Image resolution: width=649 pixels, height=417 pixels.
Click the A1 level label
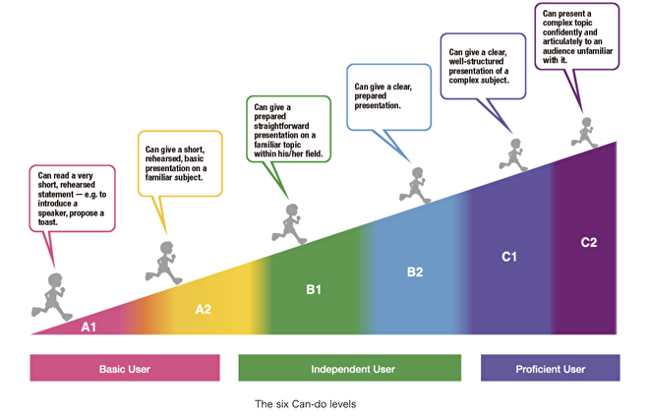[x=88, y=328]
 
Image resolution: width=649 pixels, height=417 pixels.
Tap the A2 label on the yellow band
[x=204, y=310]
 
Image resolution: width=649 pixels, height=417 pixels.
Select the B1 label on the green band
[x=314, y=289]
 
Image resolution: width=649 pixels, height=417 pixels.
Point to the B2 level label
[x=415, y=272]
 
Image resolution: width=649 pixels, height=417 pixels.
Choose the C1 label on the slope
[x=509, y=257]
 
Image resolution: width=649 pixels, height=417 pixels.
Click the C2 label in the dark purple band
[x=589, y=242]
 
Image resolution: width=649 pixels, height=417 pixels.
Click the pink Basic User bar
[x=125, y=368]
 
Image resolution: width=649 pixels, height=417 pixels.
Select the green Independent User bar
[x=350, y=368]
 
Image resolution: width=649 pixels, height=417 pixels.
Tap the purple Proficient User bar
[x=551, y=368]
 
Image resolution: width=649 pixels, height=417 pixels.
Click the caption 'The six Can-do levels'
[x=306, y=404]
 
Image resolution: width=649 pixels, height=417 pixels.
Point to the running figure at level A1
[x=52, y=297]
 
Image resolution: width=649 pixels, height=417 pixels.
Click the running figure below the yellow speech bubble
[x=164, y=264]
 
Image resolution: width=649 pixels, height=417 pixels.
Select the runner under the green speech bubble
[x=290, y=224]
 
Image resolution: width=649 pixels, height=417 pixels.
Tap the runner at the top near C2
[x=584, y=133]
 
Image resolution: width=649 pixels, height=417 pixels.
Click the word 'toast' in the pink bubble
[x=47, y=222]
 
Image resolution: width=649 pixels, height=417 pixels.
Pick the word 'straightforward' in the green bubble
[x=281, y=126]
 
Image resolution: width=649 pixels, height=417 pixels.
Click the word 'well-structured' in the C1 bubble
[x=476, y=61]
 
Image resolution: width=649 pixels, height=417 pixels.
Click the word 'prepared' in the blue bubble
[x=371, y=96]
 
